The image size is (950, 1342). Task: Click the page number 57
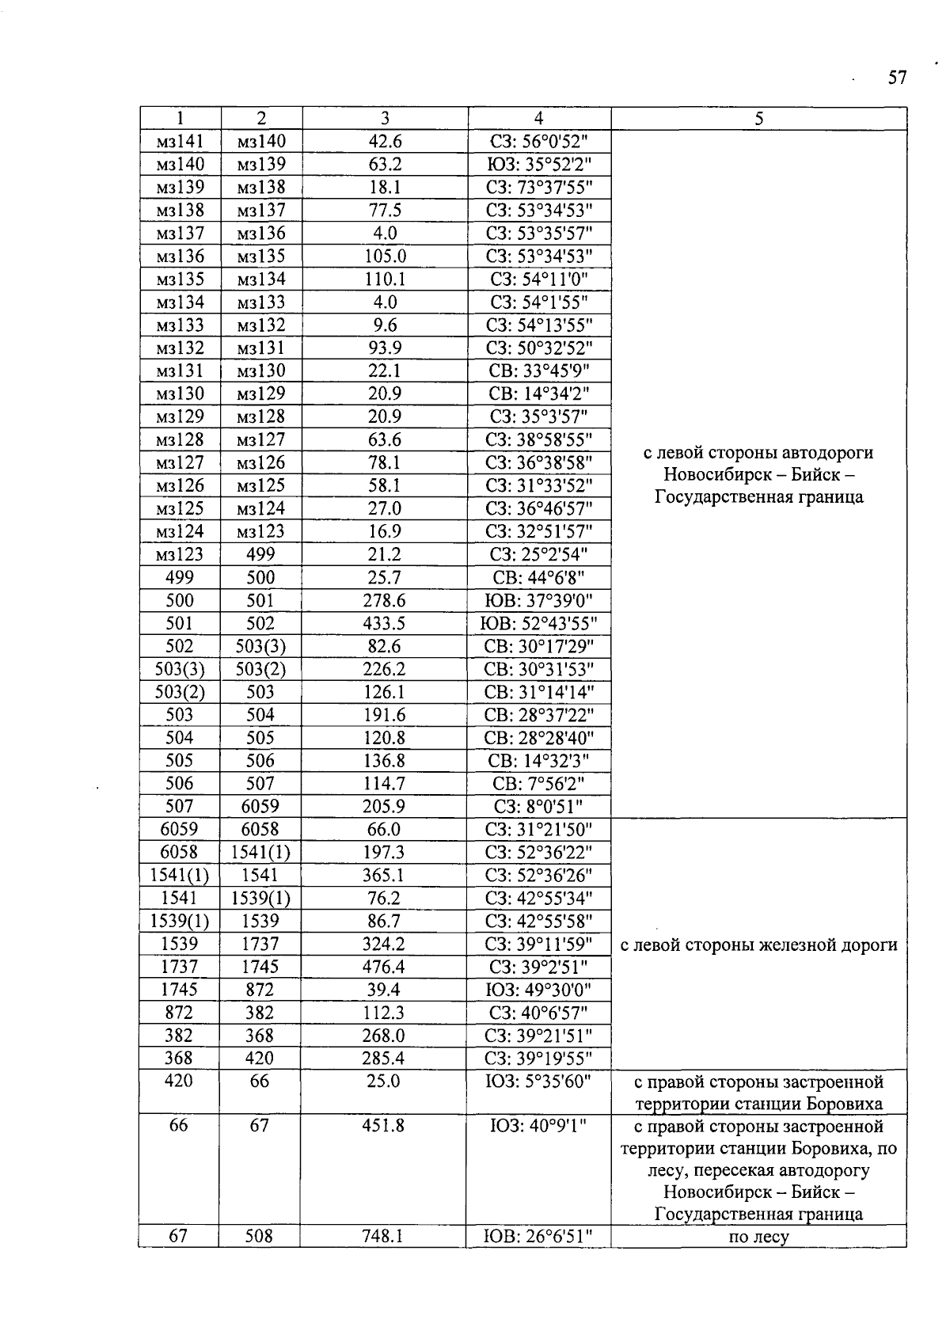pos(896,78)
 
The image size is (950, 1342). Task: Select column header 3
pos(385,119)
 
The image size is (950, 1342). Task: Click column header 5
pos(758,119)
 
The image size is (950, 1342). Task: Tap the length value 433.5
pos(384,623)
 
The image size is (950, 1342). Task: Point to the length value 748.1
pos(383,1235)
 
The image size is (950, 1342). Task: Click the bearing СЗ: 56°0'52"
pos(539,142)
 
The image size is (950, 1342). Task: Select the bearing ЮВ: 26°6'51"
pos(538,1235)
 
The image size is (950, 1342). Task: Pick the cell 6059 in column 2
pos(260,806)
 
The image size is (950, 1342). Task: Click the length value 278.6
pos(384,600)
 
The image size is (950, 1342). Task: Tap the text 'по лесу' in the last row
pos(758,1236)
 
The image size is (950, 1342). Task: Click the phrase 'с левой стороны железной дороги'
pos(758,945)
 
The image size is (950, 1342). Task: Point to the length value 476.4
pos(384,967)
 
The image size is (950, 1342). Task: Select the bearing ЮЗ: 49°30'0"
pos(539,990)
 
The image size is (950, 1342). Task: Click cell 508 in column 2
pos(259,1235)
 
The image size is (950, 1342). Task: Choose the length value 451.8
pos(383,1125)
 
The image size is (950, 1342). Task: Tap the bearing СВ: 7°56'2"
pos(539,783)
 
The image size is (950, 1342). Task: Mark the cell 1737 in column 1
pos(180,967)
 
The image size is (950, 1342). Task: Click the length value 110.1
pos(385,279)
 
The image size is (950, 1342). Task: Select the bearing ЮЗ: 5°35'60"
pos(539,1081)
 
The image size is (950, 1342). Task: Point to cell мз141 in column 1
pos(180,142)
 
